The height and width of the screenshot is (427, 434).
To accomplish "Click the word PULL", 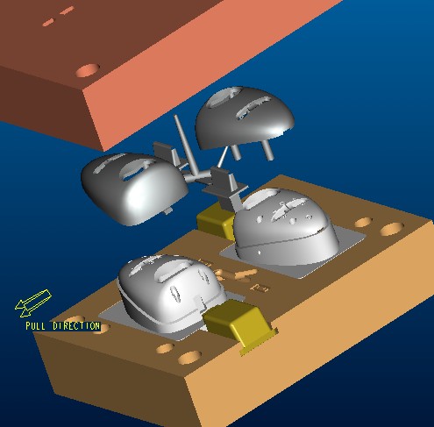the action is (35, 326).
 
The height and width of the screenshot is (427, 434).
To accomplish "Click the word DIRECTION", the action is (76, 326).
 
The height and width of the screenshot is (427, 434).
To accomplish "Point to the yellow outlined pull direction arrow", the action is (33, 303).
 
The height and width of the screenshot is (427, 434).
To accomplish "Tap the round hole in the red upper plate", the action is (88, 70).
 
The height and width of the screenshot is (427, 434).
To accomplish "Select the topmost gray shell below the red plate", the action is (244, 117).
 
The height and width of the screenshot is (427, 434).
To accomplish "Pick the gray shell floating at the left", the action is (133, 189).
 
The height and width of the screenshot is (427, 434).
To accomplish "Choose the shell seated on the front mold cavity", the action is (171, 292).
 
